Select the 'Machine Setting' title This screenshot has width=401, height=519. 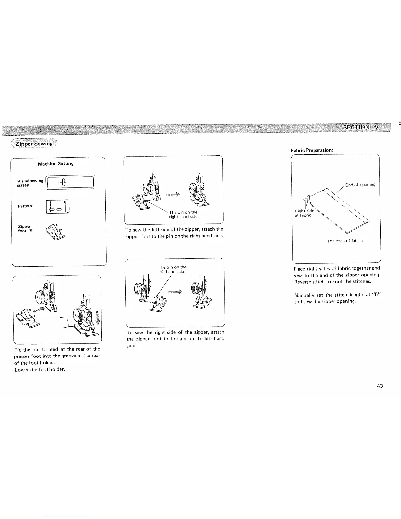coord(56,163)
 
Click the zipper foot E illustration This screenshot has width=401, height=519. coord(55,231)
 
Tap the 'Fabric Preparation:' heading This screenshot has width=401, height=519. coord(312,150)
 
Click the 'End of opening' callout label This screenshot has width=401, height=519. coord(360,185)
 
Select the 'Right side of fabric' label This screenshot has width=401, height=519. coord(304,213)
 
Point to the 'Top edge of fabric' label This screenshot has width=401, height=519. coord(345,241)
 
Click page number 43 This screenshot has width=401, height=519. coord(380,386)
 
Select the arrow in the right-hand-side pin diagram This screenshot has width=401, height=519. coord(173,195)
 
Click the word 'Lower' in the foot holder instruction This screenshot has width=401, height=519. coord(22,370)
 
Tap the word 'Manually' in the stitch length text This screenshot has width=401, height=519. coord(304,295)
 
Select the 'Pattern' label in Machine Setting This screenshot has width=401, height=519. coord(25,206)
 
